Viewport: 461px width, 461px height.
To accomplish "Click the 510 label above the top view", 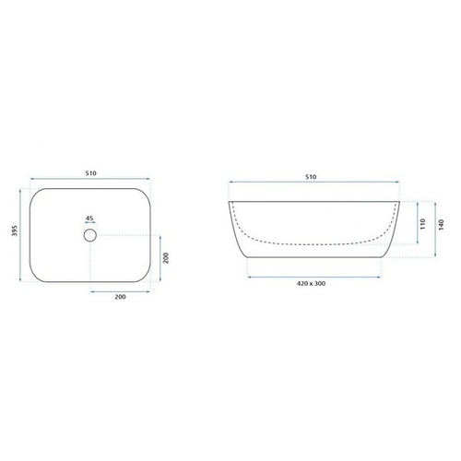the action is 91,173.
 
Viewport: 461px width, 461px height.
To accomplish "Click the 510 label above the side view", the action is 311,177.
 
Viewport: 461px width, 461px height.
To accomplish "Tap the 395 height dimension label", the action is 15,230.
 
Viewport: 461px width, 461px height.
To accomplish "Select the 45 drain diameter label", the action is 89,219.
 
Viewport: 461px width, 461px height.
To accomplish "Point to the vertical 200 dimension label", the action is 166,258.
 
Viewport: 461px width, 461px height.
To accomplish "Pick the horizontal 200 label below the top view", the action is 120,297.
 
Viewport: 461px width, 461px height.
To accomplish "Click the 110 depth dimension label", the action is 423,224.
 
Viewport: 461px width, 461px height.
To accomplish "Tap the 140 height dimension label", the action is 442,225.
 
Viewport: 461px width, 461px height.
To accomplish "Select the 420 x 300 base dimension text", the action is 311,283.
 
